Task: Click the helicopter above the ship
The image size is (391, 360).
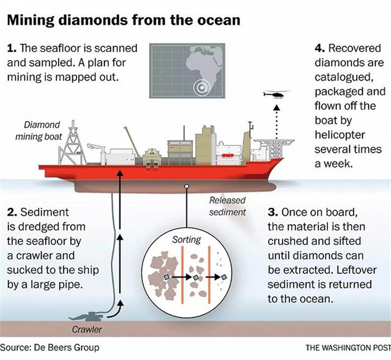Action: [x=276, y=95]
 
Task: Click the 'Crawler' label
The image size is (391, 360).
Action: [x=87, y=329]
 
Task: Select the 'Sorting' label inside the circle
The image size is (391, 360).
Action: [x=186, y=240]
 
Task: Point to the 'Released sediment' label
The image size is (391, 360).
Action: [x=227, y=206]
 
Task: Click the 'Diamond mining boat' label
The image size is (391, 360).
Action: [x=38, y=131]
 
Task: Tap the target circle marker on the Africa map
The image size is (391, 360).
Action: [x=202, y=87]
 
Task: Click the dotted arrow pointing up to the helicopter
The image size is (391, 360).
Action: [x=276, y=122]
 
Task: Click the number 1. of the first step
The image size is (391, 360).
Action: [x=12, y=48]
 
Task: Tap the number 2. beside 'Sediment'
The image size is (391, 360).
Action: [x=12, y=212]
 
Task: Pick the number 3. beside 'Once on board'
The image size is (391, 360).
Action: [x=273, y=212]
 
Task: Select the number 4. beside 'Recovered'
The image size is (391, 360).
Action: [x=320, y=48]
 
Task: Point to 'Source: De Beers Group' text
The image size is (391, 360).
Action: [x=49, y=347]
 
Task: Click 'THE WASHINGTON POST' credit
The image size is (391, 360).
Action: [x=348, y=348]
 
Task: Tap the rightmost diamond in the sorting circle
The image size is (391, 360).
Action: [x=224, y=277]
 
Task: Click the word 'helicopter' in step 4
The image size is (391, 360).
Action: [x=340, y=135]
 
